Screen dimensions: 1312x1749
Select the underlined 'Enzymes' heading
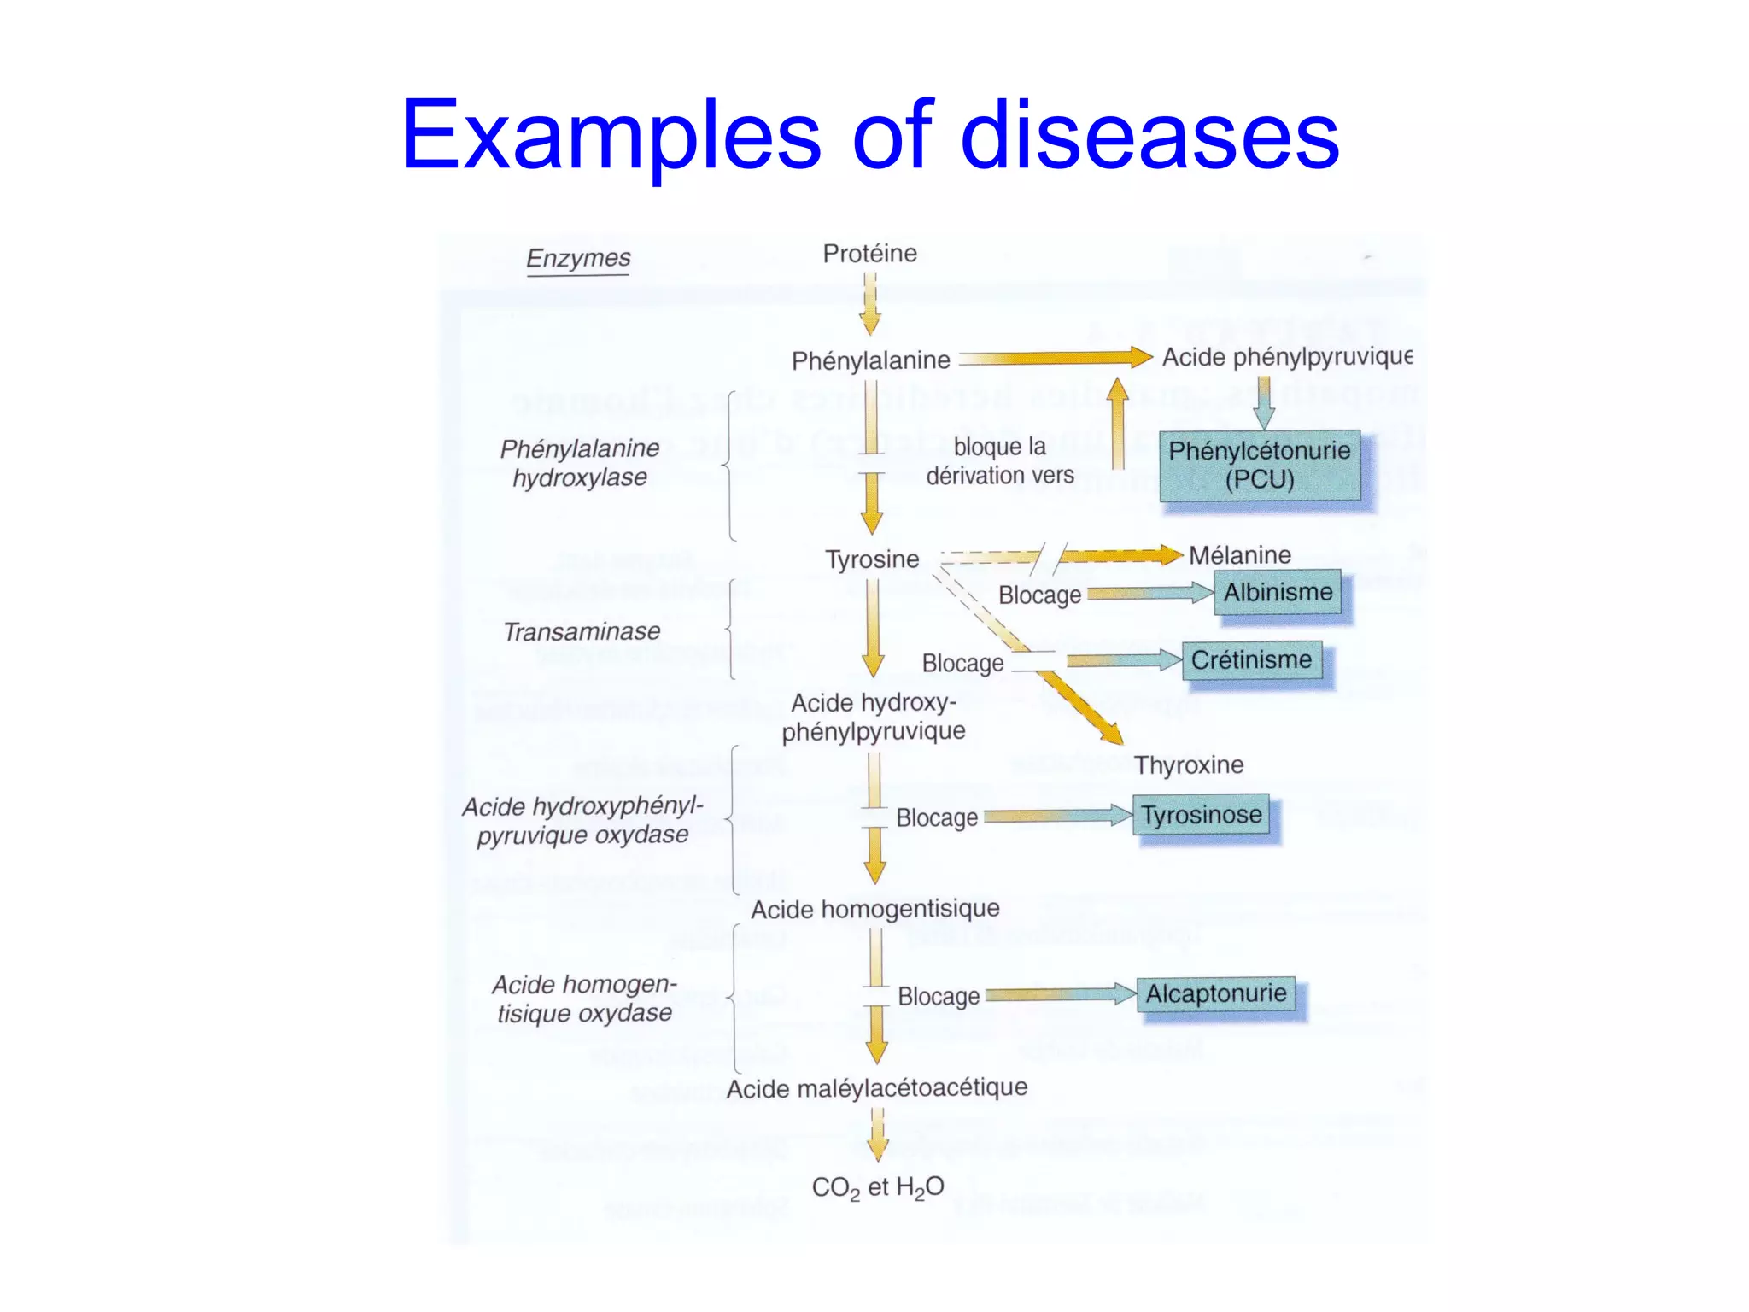[x=578, y=258]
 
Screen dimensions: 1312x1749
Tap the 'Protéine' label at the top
[x=869, y=253]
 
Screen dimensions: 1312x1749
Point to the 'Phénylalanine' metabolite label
[x=870, y=360]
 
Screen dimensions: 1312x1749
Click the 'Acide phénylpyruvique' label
[x=1286, y=357]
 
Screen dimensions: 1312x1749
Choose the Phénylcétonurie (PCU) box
[x=1260, y=466]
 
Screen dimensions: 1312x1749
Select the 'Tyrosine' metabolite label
[x=872, y=559]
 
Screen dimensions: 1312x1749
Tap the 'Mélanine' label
[x=1239, y=555]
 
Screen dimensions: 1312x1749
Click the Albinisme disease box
[x=1278, y=592]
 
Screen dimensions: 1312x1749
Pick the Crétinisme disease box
[x=1251, y=660]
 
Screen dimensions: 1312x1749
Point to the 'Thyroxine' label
[x=1188, y=764]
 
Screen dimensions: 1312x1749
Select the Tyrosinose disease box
[x=1202, y=815]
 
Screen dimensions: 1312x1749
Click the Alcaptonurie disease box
[x=1215, y=994]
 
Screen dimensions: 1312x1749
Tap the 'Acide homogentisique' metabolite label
[x=874, y=909]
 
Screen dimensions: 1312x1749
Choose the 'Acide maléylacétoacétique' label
[x=876, y=1088]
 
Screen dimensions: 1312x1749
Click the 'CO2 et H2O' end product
[x=877, y=1187]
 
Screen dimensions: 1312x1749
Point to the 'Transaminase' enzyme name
[x=582, y=631]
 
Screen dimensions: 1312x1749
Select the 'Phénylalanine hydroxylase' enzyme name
[x=579, y=463]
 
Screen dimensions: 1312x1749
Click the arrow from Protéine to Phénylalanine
[x=870, y=304]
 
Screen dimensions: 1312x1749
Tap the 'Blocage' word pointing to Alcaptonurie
[x=939, y=997]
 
